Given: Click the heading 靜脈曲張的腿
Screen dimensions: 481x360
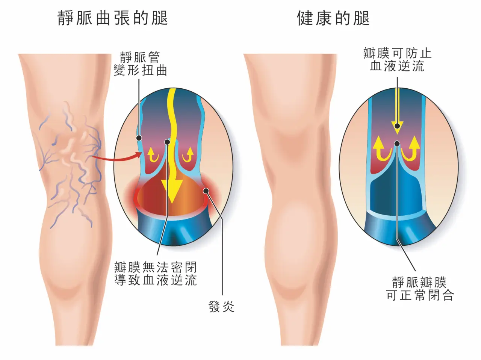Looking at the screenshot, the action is pyautogui.click(x=113, y=18).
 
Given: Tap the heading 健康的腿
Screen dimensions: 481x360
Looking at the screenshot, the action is pyautogui.click(x=333, y=18).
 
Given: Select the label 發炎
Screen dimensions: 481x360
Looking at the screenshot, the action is pyautogui.click(x=221, y=306).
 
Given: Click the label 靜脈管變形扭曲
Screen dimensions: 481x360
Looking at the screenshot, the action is pyautogui.click(x=140, y=64).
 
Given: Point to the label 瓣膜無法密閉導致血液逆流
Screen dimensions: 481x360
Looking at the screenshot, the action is pyautogui.click(x=155, y=274).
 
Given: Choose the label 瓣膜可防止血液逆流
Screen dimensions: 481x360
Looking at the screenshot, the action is pyautogui.click(x=397, y=60).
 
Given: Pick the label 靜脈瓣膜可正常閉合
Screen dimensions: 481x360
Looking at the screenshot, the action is pyautogui.click(x=419, y=289).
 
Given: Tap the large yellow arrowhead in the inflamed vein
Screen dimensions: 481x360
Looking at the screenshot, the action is pyautogui.click(x=172, y=191).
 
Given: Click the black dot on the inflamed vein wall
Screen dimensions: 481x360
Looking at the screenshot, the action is pyautogui.click(x=206, y=191).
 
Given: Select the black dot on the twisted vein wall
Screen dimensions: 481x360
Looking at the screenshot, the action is pyautogui.click(x=139, y=138).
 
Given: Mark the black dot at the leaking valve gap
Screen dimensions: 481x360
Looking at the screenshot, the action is pyautogui.click(x=167, y=142).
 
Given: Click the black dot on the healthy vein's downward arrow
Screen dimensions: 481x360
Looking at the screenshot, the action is pyautogui.click(x=397, y=126).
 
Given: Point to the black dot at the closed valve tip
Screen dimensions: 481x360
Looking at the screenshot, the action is pyautogui.click(x=397, y=144).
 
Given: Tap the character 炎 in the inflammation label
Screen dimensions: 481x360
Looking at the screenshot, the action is pyautogui.click(x=228, y=306).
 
